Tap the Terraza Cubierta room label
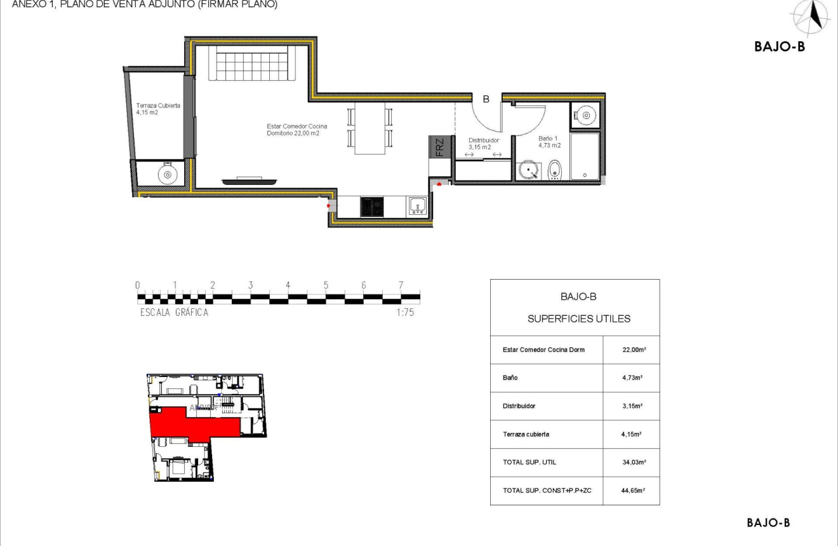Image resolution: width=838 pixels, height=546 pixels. tap(157, 109)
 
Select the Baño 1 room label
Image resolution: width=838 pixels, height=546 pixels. tap(549, 142)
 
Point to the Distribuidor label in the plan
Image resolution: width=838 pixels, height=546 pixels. tap(483, 144)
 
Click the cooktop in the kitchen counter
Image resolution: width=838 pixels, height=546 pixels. tap(372, 207)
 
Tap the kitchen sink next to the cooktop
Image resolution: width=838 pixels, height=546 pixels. tap(418, 206)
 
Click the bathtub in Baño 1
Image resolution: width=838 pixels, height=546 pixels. tap(584, 156)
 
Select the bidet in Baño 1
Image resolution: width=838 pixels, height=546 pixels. tap(554, 169)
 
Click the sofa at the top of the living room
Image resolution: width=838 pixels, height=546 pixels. tap(252, 64)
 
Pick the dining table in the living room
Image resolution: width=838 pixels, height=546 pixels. tap(369, 128)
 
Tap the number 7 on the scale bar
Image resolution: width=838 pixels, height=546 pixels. tap(401, 285)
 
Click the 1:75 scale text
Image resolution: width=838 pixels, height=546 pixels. tap(404, 313)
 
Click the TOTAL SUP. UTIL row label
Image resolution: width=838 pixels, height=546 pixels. tap(529, 462)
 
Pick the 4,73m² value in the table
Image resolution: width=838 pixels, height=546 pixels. tap(632, 378)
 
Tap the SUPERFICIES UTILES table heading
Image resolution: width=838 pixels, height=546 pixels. tap(578, 318)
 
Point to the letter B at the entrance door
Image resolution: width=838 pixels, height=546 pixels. tap(486, 99)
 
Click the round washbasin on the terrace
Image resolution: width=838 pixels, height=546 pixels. tap(168, 174)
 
